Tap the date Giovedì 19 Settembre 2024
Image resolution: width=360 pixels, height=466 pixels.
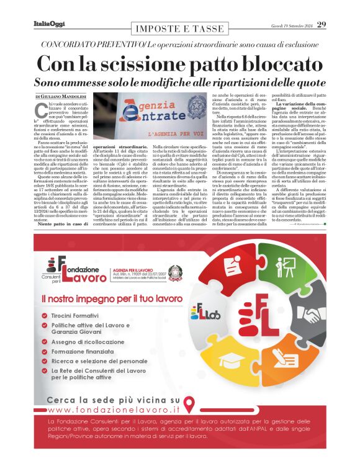coord(291,25)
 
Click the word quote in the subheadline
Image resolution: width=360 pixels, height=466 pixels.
coord(305,82)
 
